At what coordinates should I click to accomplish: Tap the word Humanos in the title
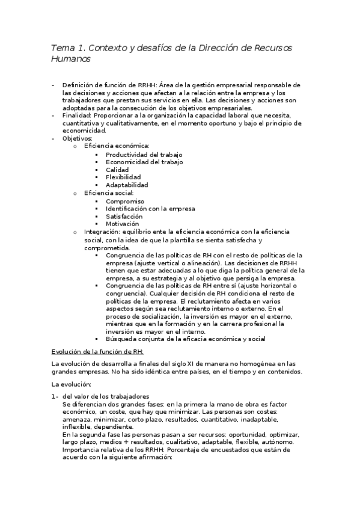point(71,59)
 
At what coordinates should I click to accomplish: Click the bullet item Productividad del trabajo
point(144,155)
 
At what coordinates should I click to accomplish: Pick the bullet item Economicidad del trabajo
point(144,162)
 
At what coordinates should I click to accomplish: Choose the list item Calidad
point(117,170)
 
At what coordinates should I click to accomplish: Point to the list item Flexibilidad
point(123,177)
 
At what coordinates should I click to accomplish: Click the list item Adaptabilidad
point(127,185)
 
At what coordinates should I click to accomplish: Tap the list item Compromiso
point(125,201)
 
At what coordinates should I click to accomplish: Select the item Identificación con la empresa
point(150,209)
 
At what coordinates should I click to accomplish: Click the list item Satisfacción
point(124,216)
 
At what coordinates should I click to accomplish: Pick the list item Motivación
point(123,224)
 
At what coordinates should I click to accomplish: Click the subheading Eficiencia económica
point(117,147)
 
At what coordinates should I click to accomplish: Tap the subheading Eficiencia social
point(109,193)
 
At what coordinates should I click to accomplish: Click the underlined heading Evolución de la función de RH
point(98,351)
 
